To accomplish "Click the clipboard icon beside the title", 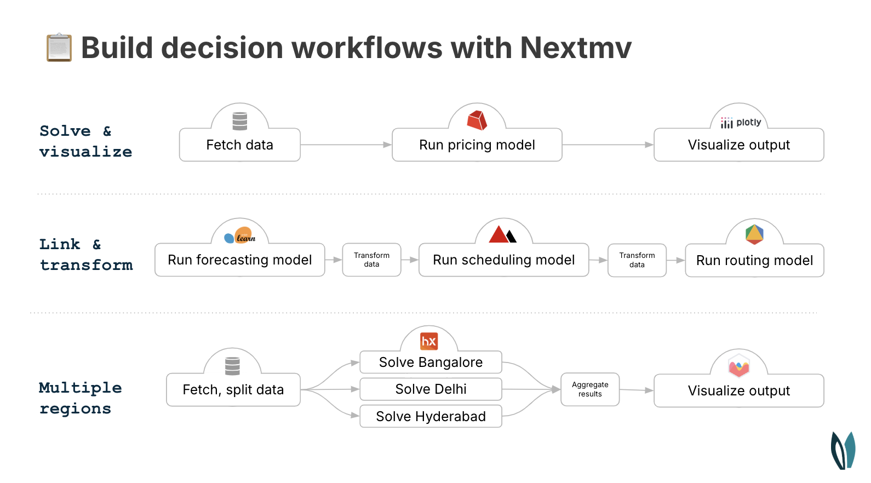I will pyautogui.click(x=59, y=48).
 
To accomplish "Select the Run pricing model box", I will pyautogui.click(x=477, y=145).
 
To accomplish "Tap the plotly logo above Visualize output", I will pyautogui.click(x=741, y=123).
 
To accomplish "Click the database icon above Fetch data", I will pyautogui.click(x=240, y=121).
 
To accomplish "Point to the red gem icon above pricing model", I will pyautogui.click(x=477, y=120).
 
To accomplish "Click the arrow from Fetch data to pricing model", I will pyautogui.click(x=346, y=145).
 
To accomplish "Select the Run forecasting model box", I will pyautogui.click(x=239, y=260).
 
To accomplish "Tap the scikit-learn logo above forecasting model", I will pyautogui.click(x=240, y=237).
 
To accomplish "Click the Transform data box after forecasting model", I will pyautogui.click(x=371, y=260).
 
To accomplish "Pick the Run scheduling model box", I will pyautogui.click(x=503, y=260).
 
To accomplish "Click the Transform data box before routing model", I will pyautogui.click(x=637, y=260).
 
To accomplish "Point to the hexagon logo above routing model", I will pyautogui.click(x=754, y=234).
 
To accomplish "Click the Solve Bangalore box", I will pyautogui.click(x=431, y=363).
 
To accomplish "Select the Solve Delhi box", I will pyautogui.click(x=431, y=389).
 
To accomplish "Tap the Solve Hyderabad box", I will pyautogui.click(x=431, y=416).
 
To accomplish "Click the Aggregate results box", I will pyautogui.click(x=590, y=389).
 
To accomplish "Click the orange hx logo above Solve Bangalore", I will pyautogui.click(x=429, y=341).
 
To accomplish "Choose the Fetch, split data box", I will pyautogui.click(x=233, y=390).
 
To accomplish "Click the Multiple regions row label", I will pyautogui.click(x=80, y=398).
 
